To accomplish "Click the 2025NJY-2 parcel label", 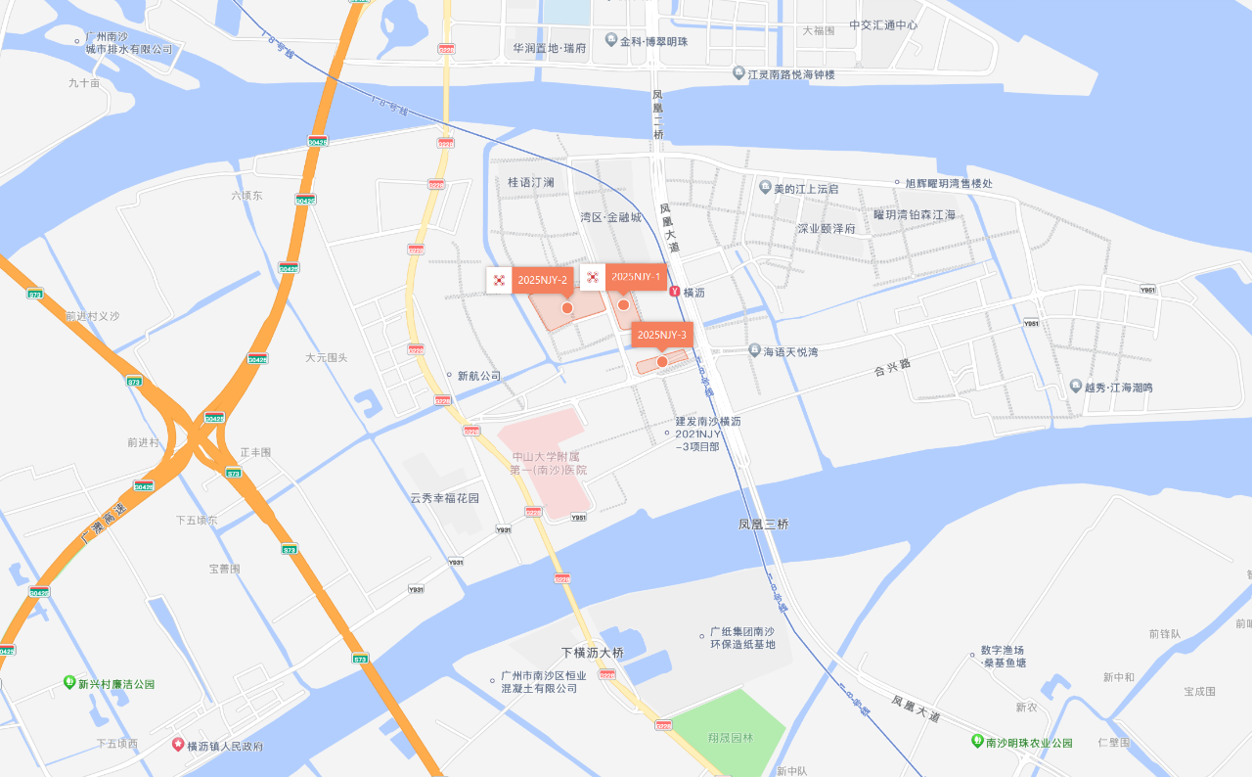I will pos(543,280).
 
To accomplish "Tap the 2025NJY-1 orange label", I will pos(636,277).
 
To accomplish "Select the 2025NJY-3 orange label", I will pos(661,335).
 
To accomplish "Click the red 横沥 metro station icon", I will pos(675,292).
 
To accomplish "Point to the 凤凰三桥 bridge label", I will pos(763,525).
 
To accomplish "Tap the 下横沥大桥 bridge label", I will pos(592,653).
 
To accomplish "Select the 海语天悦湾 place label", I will pos(790,350).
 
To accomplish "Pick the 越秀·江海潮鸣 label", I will pos(1118,388).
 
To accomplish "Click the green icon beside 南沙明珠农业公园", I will pos(977,741).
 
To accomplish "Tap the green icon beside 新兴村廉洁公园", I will pos(69,682).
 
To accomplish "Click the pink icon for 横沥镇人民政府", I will pos(178,745).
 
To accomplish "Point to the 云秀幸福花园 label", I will pos(445,498).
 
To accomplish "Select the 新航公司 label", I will pos(478,376).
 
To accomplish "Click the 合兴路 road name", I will pos(891,369).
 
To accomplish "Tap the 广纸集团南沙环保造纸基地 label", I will pos(742,638).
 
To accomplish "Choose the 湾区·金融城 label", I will pos(610,217).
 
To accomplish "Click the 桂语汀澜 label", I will pos(531,182).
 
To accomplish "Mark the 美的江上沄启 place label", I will pos(806,189).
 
